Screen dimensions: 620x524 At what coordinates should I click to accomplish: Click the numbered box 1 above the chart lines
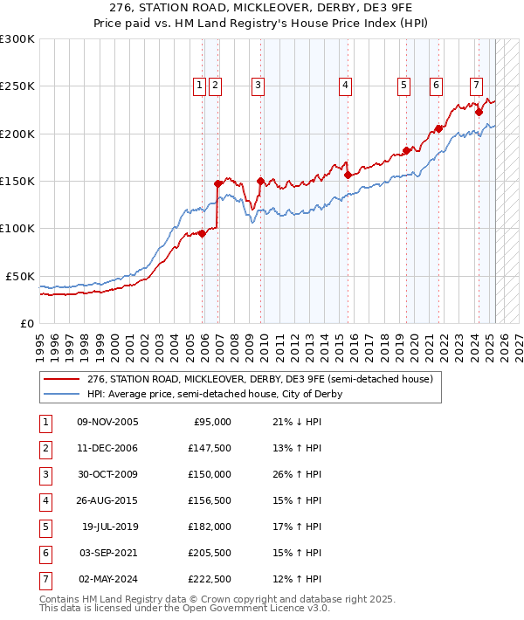(200, 86)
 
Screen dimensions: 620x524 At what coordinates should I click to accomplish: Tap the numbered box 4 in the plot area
(346, 86)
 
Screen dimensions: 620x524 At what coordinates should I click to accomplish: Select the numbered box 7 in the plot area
(476, 86)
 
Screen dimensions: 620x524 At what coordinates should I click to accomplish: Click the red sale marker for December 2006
(218, 183)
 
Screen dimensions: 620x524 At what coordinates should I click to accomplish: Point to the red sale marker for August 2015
(348, 175)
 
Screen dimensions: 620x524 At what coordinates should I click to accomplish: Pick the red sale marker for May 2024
(479, 112)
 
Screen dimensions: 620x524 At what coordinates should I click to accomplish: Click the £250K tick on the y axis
(17, 86)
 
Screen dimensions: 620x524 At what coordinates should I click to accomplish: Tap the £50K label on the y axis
(20, 276)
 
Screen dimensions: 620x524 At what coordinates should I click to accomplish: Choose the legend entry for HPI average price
(215, 394)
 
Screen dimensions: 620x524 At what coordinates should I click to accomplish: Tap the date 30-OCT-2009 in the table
(107, 474)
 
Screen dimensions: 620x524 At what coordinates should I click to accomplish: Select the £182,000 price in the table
(210, 527)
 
